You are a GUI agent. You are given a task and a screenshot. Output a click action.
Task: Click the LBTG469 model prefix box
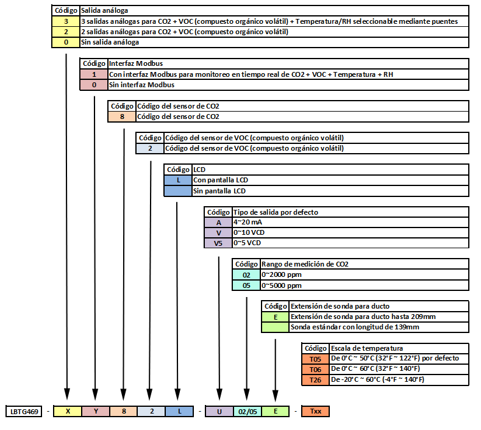[x=24, y=411]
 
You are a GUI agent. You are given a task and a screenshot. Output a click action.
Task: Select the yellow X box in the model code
[x=68, y=411]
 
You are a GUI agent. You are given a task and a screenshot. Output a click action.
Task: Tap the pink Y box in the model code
[x=96, y=411]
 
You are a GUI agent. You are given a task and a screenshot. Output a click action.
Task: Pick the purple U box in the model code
[x=219, y=412]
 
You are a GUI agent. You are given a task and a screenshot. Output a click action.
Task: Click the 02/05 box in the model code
[x=248, y=412]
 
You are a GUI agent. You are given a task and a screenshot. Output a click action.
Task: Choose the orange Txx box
[x=315, y=411]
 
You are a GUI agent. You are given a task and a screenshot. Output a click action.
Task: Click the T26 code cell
[x=315, y=379]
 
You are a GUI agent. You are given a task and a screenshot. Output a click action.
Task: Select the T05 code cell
[x=315, y=359]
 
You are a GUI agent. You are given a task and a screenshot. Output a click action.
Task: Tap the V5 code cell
[x=218, y=243]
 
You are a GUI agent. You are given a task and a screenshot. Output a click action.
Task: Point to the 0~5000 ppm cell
[x=365, y=285]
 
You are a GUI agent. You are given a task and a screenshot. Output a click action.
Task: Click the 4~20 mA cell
[x=351, y=222]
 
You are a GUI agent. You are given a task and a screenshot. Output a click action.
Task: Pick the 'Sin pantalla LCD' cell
[x=330, y=191]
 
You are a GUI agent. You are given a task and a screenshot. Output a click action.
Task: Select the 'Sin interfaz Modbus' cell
[x=288, y=85]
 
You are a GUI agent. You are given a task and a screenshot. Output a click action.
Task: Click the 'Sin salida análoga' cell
[x=274, y=42]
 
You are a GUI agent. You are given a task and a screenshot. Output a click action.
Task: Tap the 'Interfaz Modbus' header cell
[x=288, y=63]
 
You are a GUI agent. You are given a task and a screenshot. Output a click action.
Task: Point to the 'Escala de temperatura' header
[x=399, y=348]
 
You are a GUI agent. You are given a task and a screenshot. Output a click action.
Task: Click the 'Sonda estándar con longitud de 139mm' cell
[x=379, y=327]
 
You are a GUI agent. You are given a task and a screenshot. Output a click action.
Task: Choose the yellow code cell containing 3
[x=66, y=21]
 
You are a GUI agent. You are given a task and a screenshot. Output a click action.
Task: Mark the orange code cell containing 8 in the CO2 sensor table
[x=122, y=116]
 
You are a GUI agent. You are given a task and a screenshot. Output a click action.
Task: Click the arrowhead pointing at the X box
[x=67, y=394]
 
